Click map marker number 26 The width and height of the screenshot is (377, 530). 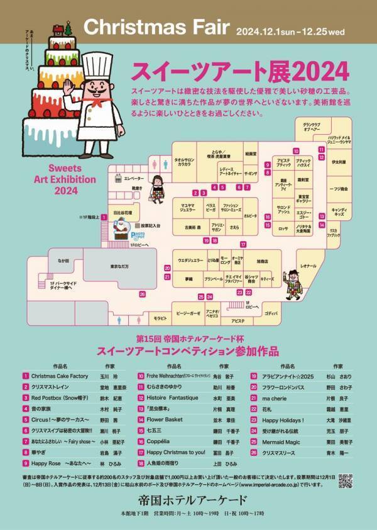tap(143, 294)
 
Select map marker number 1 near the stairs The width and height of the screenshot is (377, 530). tap(104, 217)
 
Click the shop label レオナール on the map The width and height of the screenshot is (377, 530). tap(309, 267)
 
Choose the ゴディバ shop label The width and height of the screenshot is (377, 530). tap(271, 312)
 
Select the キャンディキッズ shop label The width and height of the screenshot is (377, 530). tap(339, 211)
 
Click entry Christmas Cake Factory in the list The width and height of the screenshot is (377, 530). tap(60, 375)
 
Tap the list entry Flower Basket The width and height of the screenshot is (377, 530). tap(165, 418)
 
